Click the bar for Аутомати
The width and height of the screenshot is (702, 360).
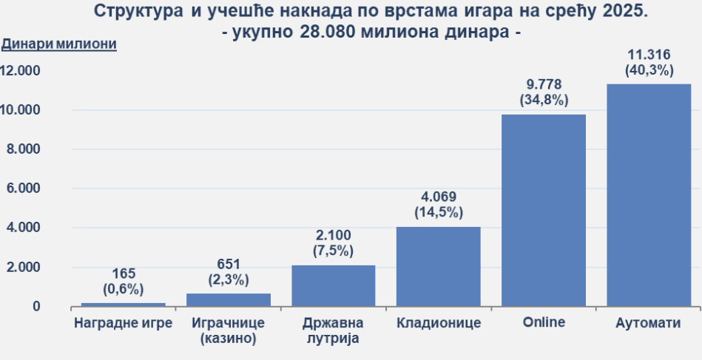pos(649,195)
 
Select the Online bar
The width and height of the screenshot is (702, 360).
pos(544,211)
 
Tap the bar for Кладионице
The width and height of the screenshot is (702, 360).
pos(439,266)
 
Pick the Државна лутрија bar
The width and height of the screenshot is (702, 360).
pos(334,285)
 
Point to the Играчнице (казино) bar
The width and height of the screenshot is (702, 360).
pos(229,299)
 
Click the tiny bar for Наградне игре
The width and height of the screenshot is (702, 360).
pos(124,304)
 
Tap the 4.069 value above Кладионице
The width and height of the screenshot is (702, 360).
pos(439,197)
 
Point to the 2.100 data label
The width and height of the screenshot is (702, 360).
pos(334,236)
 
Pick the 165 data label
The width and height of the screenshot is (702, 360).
pos(124,274)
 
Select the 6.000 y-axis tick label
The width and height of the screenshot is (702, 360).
pos(24,189)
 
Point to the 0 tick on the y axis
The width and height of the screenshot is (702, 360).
pos(36,306)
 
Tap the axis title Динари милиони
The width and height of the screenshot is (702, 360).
pos(59,44)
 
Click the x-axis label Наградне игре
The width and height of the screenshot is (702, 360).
pos(124,323)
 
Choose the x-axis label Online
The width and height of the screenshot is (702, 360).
pos(544,322)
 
